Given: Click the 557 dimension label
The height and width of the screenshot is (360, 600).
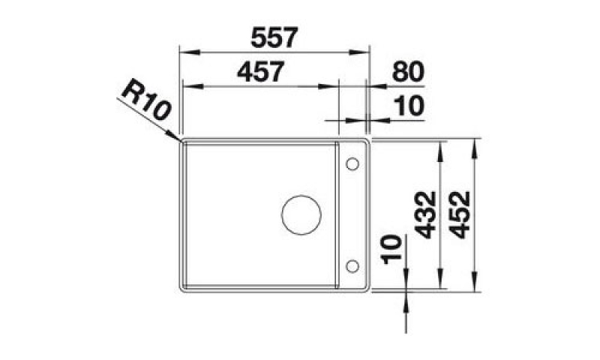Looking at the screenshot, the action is pos(274,37).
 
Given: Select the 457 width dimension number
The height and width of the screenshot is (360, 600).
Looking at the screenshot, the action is pos(260,71).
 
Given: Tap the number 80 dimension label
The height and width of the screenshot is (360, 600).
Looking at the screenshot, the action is pos(408,71).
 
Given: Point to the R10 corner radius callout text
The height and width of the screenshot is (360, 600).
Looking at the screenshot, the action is pos(145,100).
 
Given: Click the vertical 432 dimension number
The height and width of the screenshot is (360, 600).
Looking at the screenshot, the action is pos(425,214).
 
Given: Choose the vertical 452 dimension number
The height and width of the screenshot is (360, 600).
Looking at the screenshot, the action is pos(459,214).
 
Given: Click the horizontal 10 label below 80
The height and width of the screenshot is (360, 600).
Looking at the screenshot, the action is pos(409,106).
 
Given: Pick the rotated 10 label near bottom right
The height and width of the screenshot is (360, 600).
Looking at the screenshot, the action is pos(393,250).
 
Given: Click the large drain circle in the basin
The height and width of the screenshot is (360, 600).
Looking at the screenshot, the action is pos(301,214).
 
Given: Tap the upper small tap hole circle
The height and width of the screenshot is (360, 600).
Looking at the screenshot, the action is pos(352,164).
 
